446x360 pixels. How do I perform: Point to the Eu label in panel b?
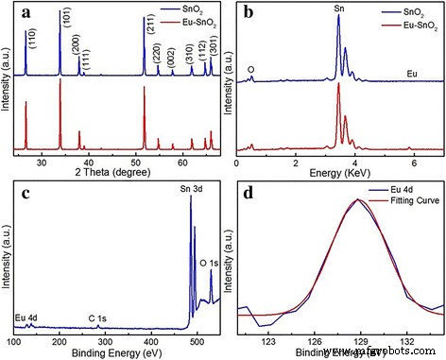412,72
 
